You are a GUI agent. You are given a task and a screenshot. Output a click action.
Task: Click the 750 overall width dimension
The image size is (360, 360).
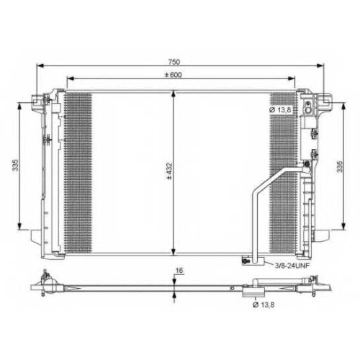click(x=174, y=62)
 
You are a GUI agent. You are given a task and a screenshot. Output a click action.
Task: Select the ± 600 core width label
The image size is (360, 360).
click(x=174, y=75)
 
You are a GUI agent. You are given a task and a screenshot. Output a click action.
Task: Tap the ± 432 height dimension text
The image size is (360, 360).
click(x=169, y=171)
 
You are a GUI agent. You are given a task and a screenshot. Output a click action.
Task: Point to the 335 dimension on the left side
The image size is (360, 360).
click(x=16, y=165)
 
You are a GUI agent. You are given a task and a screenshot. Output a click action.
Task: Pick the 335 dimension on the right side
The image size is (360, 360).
click(x=340, y=166)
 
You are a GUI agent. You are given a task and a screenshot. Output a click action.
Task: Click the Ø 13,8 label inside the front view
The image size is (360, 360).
click(x=280, y=110)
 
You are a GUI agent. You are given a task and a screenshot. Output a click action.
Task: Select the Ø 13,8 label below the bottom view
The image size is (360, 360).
click(x=264, y=305)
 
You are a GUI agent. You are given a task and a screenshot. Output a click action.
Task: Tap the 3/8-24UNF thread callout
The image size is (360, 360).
click(x=292, y=266)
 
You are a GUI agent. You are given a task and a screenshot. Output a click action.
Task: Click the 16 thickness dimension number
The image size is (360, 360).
click(x=179, y=270)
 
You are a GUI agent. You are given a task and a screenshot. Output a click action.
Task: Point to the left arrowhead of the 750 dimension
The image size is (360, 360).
click(x=40, y=66)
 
